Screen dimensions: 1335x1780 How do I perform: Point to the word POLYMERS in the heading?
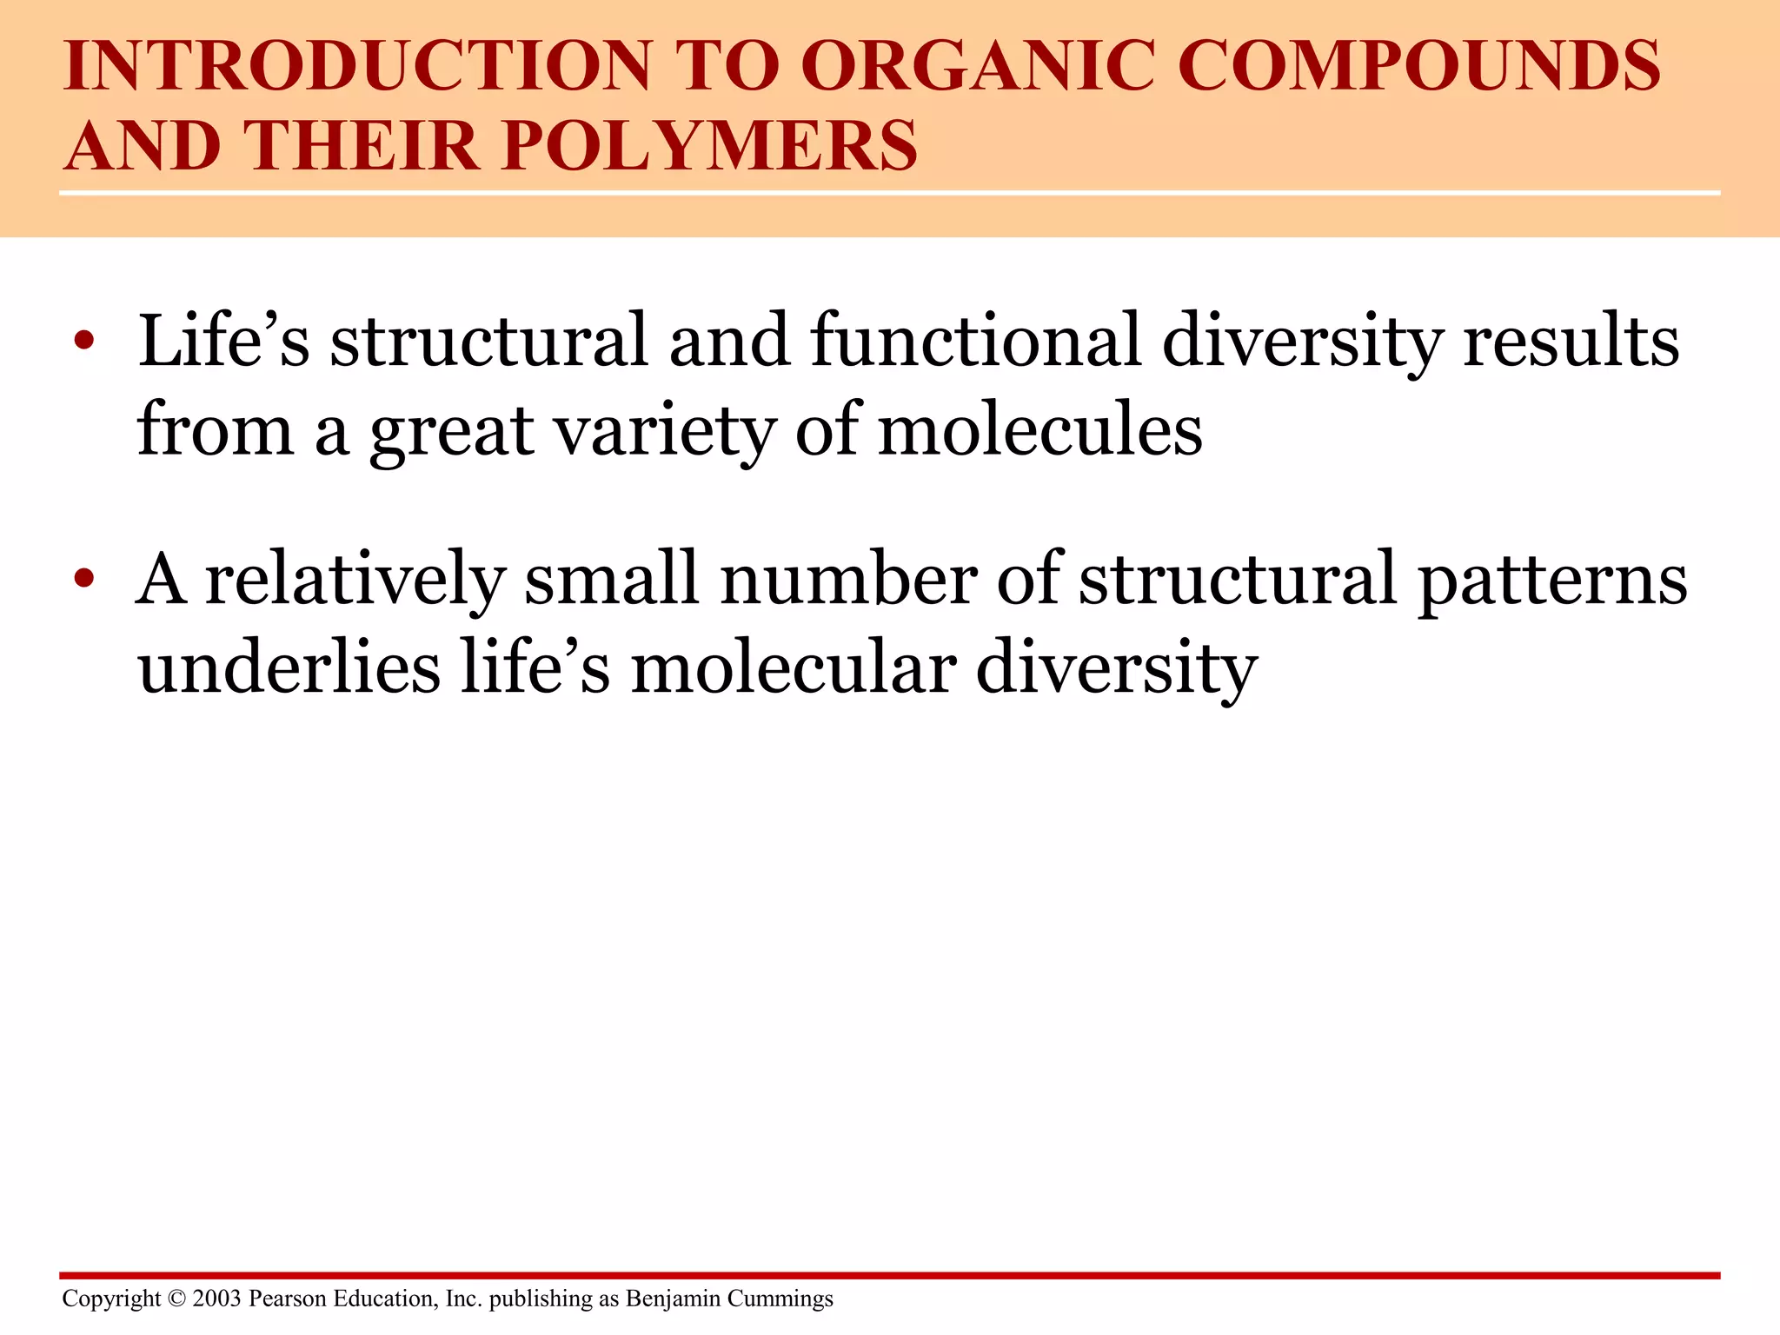pos(709,145)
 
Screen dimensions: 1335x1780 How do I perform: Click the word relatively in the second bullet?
pos(355,580)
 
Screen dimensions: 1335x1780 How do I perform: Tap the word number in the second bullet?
pos(848,580)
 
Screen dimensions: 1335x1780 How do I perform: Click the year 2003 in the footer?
pos(216,1298)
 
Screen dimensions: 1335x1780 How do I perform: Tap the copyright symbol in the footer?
pos(176,1298)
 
